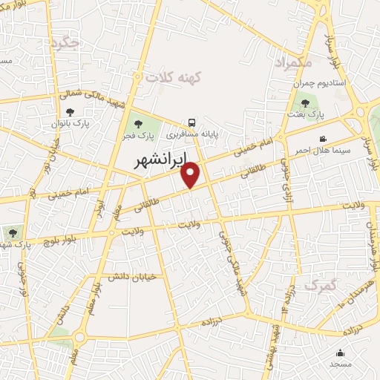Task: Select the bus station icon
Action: coord(192,122)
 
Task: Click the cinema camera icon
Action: coord(323,139)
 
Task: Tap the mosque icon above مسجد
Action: coord(341,353)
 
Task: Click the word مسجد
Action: coord(341,364)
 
